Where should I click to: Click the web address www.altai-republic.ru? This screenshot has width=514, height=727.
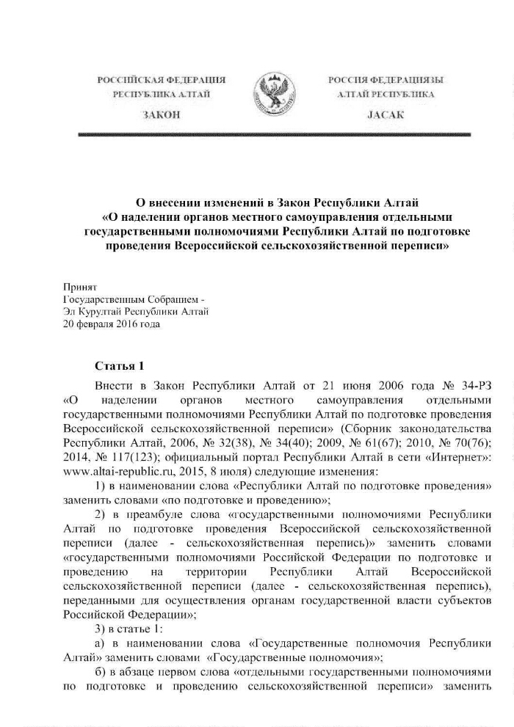point(115,469)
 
